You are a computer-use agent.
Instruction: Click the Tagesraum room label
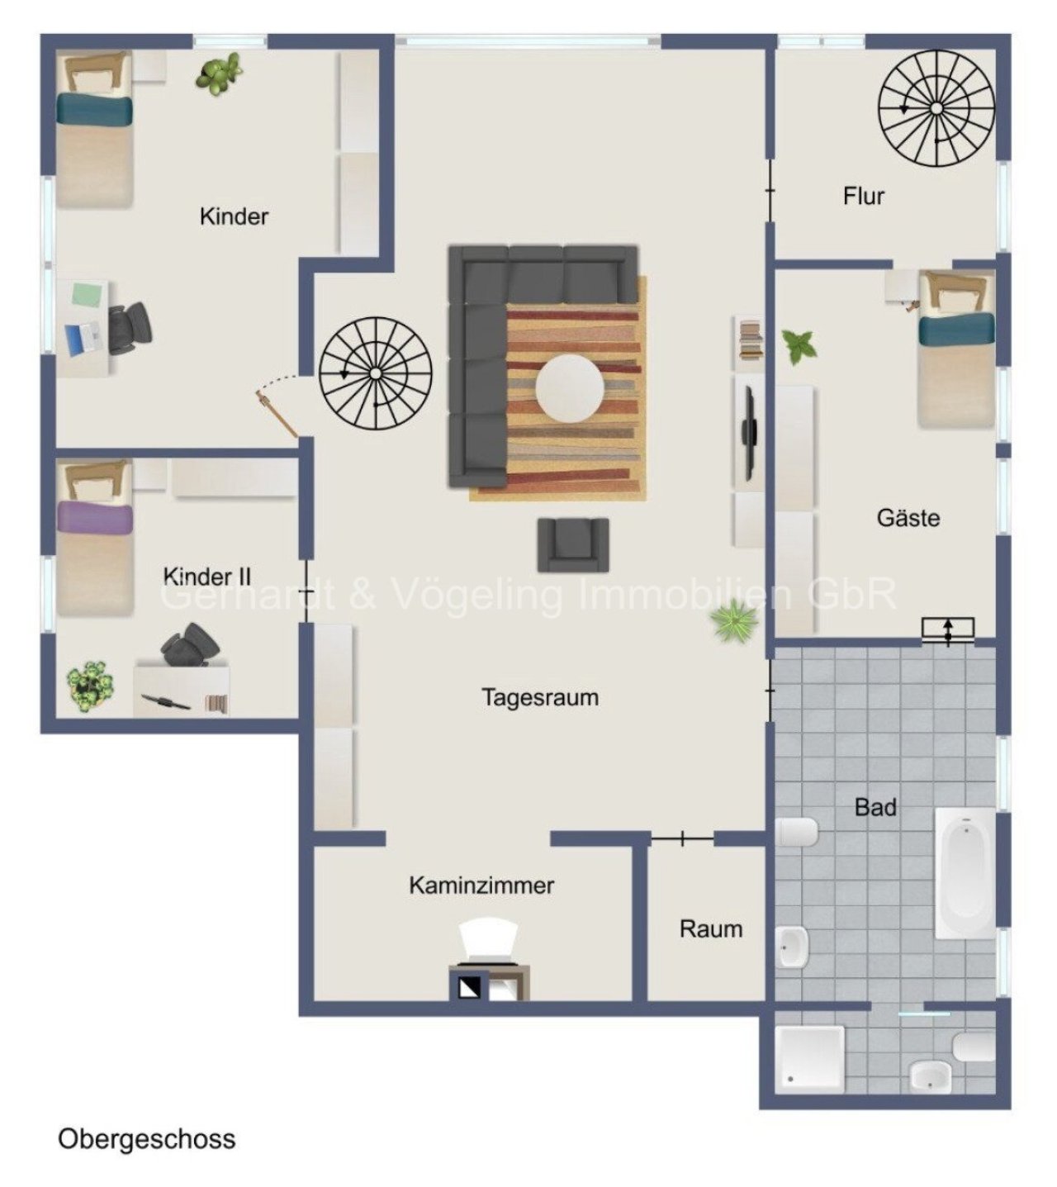(x=539, y=697)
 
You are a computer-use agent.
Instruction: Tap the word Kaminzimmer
(x=481, y=885)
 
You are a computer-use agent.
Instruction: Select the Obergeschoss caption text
(x=146, y=1140)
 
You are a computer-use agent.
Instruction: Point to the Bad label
(x=875, y=807)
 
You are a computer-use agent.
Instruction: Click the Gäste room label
(x=908, y=517)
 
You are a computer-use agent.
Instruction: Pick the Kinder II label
(x=206, y=577)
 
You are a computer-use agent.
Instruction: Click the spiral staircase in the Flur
(x=936, y=108)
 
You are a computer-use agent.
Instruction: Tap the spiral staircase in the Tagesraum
(x=376, y=373)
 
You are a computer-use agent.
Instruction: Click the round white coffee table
(x=570, y=388)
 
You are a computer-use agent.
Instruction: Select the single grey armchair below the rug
(x=573, y=544)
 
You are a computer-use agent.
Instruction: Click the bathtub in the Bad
(x=965, y=874)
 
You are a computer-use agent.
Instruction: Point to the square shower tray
(x=810, y=1059)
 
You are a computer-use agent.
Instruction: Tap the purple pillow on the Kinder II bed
(x=95, y=518)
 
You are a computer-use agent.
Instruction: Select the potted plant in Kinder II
(x=90, y=686)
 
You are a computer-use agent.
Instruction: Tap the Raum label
(x=710, y=928)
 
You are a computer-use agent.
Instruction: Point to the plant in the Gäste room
(x=799, y=346)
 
